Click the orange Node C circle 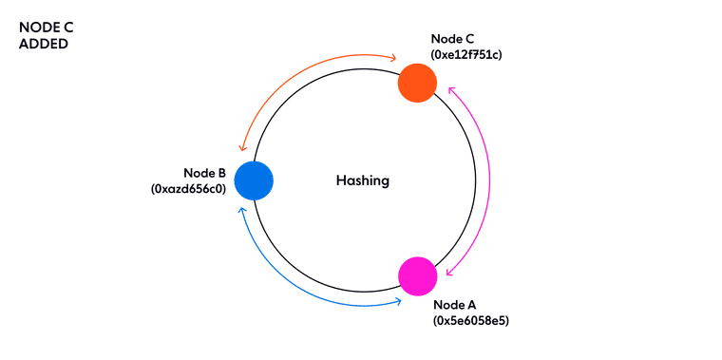(x=417, y=82)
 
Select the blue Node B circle (x=254, y=180)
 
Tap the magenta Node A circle (x=417, y=275)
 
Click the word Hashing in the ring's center (x=362, y=180)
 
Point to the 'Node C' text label (x=452, y=38)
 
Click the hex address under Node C (x=465, y=55)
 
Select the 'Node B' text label (x=204, y=172)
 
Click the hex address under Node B (x=187, y=188)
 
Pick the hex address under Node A (x=471, y=321)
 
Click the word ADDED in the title (x=44, y=45)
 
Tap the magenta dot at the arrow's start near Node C (x=451, y=91)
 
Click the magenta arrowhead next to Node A (x=447, y=272)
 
